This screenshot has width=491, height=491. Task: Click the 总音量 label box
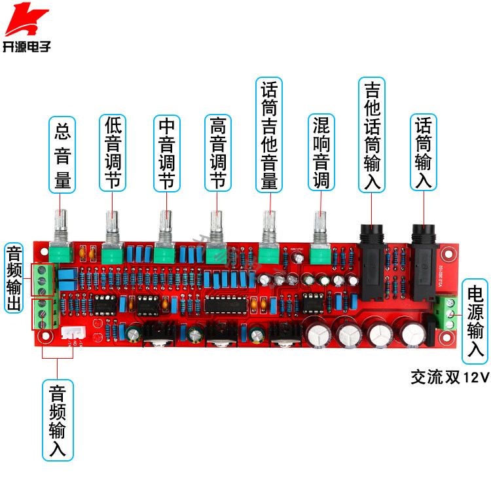pyautogui.click(x=64, y=155)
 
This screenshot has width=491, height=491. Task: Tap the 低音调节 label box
pyautogui.click(x=113, y=155)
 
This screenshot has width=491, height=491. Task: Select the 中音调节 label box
pyautogui.click(x=167, y=155)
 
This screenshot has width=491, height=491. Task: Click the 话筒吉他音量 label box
pyautogui.click(x=269, y=135)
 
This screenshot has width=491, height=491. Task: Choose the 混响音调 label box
pyautogui.click(x=321, y=155)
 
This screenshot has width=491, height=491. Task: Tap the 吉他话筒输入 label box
pyautogui.click(x=371, y=135)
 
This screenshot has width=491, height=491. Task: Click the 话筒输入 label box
pyautogui.click(x=424, y=155)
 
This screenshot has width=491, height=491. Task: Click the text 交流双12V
pyautogui.click(x=450, y=377)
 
